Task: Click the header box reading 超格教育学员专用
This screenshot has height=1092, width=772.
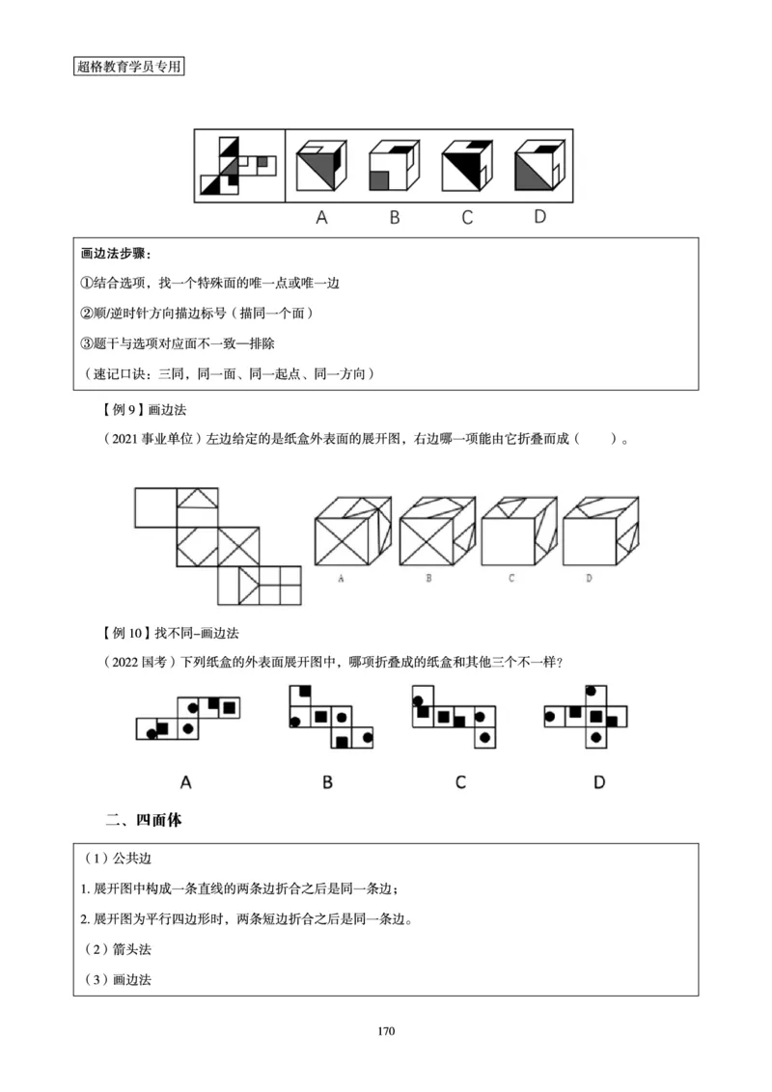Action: [128, 67]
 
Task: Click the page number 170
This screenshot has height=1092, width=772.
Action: [386, 1031]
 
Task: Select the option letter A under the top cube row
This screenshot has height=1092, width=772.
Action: [322, 217]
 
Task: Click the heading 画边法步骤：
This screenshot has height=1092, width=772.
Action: [118, 255]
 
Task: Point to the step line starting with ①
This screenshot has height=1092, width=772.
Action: [210, 284]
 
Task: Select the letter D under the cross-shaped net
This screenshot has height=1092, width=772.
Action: [599, 781]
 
